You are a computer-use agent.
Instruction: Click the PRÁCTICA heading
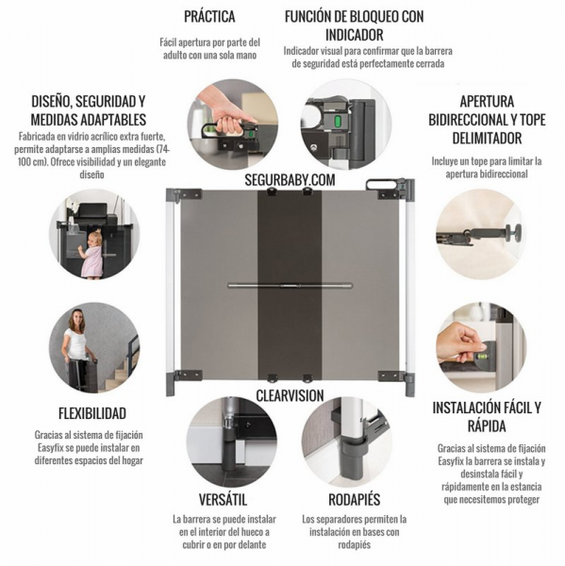click(x=209, y=17)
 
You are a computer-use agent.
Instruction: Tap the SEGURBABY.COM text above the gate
click(x=290, y=180)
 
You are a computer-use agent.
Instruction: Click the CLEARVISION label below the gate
click(x=290, y=395)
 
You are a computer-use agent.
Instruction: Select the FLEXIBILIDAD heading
click(x=92, y=413)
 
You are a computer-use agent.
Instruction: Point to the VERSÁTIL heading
click(x=224, y=500)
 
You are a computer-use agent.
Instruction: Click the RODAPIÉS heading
click(x=354, y=500)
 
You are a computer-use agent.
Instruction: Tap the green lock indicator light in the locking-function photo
click(x=338, y=122)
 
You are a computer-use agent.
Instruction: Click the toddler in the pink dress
click(x=91, y=255)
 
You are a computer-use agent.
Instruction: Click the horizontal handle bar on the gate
click(x=290, y=286)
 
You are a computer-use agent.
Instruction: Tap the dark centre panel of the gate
click(x=290, y=285)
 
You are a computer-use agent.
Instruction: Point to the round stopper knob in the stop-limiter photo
click(x=514, y=232)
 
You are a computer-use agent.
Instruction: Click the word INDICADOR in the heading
click(x=354, y=35)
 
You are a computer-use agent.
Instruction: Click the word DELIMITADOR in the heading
click(x=487, y=139)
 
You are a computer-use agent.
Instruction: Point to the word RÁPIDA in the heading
click(x=487, y=426)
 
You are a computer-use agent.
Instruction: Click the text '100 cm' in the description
click(x=31, y=161)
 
